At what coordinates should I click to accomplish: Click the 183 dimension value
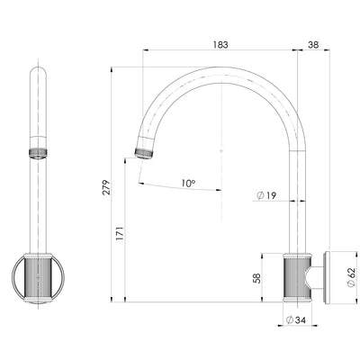221,43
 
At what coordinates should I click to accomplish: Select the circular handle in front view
37,276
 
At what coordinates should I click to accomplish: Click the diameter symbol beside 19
259,195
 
